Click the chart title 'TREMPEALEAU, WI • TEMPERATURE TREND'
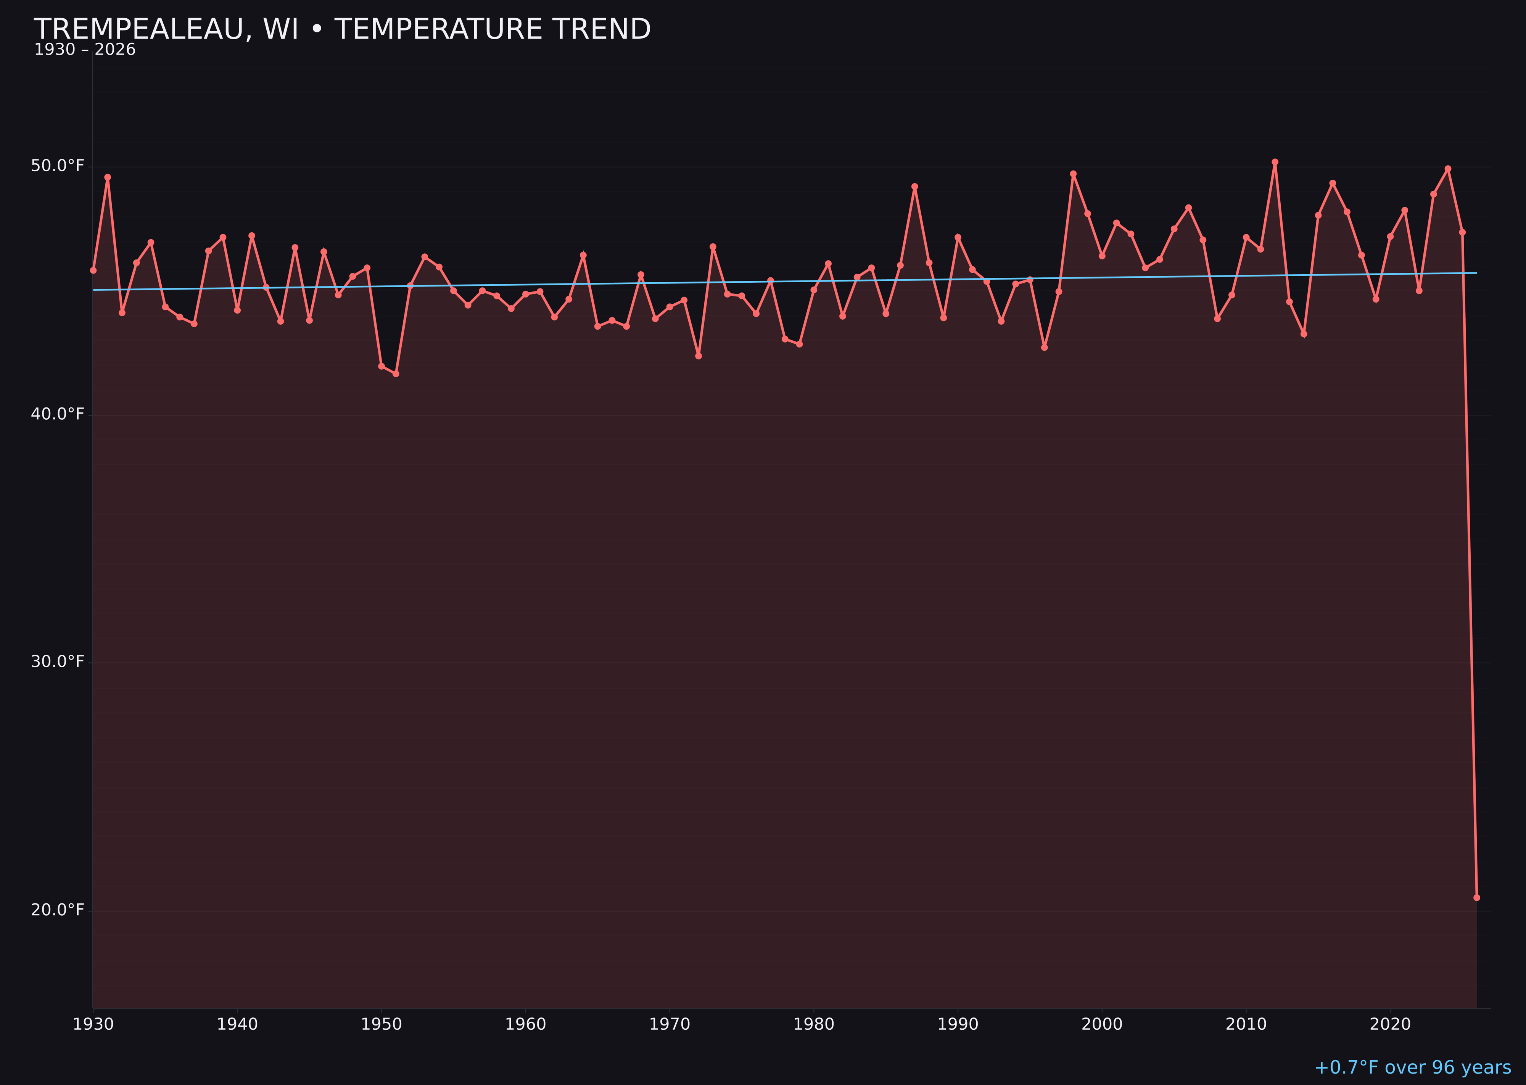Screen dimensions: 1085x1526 (x=342, y=29)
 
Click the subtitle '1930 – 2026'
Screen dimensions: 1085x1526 (x=85, y=50)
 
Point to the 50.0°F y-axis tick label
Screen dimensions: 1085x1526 (x=58, y=166)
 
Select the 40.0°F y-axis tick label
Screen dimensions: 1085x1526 (x=58, y=414)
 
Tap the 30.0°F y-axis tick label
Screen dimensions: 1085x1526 (x=58, y=662)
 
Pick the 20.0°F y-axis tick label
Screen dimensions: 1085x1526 (x=58, y=910)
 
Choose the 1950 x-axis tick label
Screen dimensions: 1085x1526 (x=381, y=1024)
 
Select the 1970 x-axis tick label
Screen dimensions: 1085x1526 (x=670, y=1024)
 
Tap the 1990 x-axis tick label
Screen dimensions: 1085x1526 (x=958, y=1024)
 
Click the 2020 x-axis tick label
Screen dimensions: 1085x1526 (x=1390, y=1024)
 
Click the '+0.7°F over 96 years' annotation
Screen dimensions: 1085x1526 (x=1412, y=1067)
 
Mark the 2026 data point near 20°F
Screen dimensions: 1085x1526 (x=1476, y=897)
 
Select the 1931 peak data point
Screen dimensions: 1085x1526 (x=108, y=177)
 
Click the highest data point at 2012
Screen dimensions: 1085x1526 (x=1275, y=162)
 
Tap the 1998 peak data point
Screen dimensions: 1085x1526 (x=1073, y=174)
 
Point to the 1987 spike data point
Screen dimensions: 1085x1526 (x=915, y=187)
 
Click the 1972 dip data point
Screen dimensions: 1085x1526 (x=698, y=356)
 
